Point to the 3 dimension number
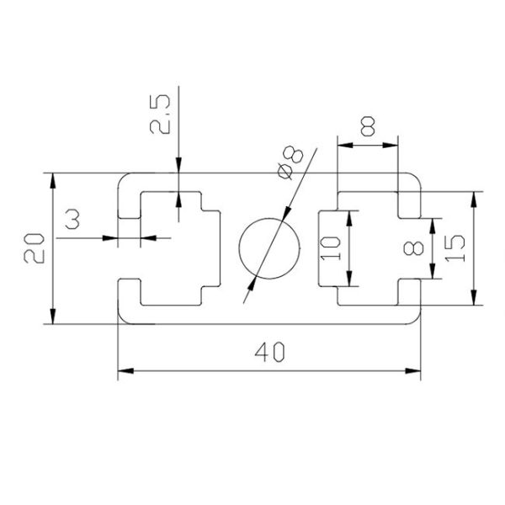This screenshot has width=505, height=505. (73, 221)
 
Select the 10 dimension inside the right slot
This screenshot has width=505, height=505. (331, 248)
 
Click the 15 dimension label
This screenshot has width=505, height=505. (454, 248)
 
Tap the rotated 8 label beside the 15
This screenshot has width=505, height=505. (412, 248)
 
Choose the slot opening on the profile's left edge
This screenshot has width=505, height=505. (125, 249)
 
